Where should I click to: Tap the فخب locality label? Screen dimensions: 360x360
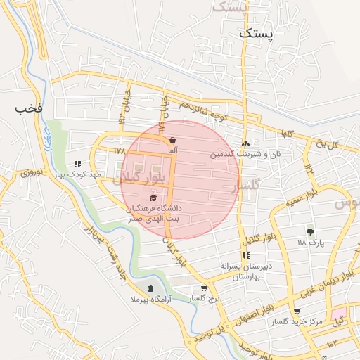click(28, 109)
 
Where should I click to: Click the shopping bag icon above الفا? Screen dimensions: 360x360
click(172, 139)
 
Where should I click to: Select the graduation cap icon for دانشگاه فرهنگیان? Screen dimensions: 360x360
click(153, 198)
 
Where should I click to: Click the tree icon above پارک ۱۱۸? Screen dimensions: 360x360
click(309, 231)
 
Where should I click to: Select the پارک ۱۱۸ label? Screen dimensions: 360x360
click(309, 242)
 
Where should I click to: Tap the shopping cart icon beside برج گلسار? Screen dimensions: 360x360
click(205, 288)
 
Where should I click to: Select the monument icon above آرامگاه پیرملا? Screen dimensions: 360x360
click(150, 289)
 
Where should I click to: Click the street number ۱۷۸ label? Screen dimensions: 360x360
click(117, 150)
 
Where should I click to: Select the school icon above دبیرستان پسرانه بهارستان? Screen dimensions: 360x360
click(246, 256)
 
